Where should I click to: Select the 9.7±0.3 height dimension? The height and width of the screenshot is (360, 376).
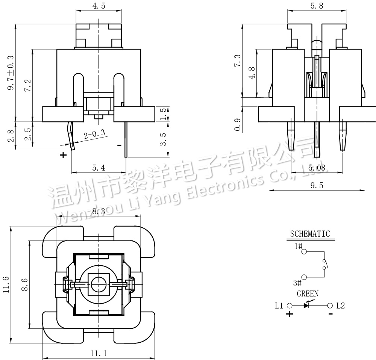(11, 73)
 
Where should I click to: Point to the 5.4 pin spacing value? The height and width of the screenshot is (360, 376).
(98, 168)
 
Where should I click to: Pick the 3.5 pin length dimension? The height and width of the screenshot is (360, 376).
(163, 139)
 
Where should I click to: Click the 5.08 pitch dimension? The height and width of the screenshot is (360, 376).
(317, 168)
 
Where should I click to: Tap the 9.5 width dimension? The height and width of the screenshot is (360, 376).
(317, 185)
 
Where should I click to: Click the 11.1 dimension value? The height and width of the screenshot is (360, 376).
(99, 353)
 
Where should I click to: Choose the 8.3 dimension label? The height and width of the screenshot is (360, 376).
(99, 212)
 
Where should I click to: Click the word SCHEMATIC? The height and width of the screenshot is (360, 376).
(310, 234)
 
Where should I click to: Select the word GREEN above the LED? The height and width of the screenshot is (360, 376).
(308, 294)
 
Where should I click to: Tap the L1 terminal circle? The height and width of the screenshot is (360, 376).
(290, 306)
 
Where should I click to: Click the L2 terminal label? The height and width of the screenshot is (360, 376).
(341, 306)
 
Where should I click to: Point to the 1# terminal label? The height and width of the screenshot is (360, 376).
(299, 247)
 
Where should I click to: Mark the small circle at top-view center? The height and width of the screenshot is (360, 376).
(99, 284)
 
